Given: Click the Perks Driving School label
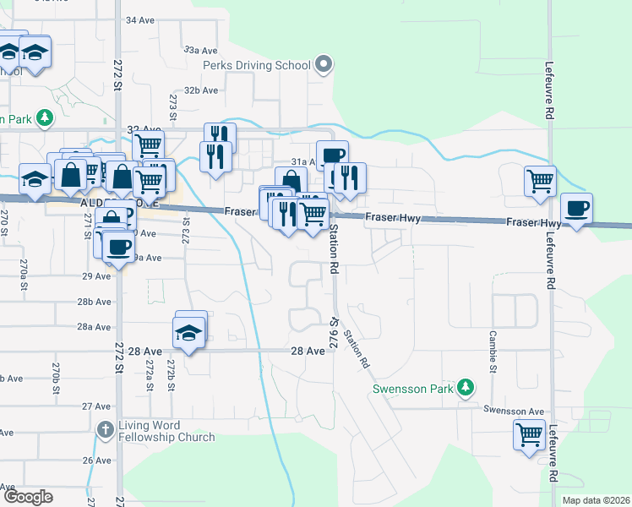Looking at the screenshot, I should tap(255, 65).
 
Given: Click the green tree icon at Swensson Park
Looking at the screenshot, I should tap(464, 388).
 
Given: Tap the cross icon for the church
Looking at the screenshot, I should tap(104, 430).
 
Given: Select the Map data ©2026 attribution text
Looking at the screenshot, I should tap(596, 500).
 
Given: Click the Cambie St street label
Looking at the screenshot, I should tap(491, 350).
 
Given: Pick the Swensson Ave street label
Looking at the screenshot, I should tap(514, 410).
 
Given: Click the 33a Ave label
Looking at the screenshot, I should tap(201, 51).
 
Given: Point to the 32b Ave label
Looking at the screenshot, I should tap(201, 90).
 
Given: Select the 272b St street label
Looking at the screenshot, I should tap(171, 373).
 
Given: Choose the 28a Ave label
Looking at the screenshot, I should tap(95, 326).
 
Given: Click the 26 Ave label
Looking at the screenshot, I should tap(97, 461).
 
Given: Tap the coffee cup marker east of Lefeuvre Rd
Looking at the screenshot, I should tap(577, 209).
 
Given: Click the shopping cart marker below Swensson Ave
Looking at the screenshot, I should tap(529, 435).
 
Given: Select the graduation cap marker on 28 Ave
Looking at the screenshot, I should tap(191, 333).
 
